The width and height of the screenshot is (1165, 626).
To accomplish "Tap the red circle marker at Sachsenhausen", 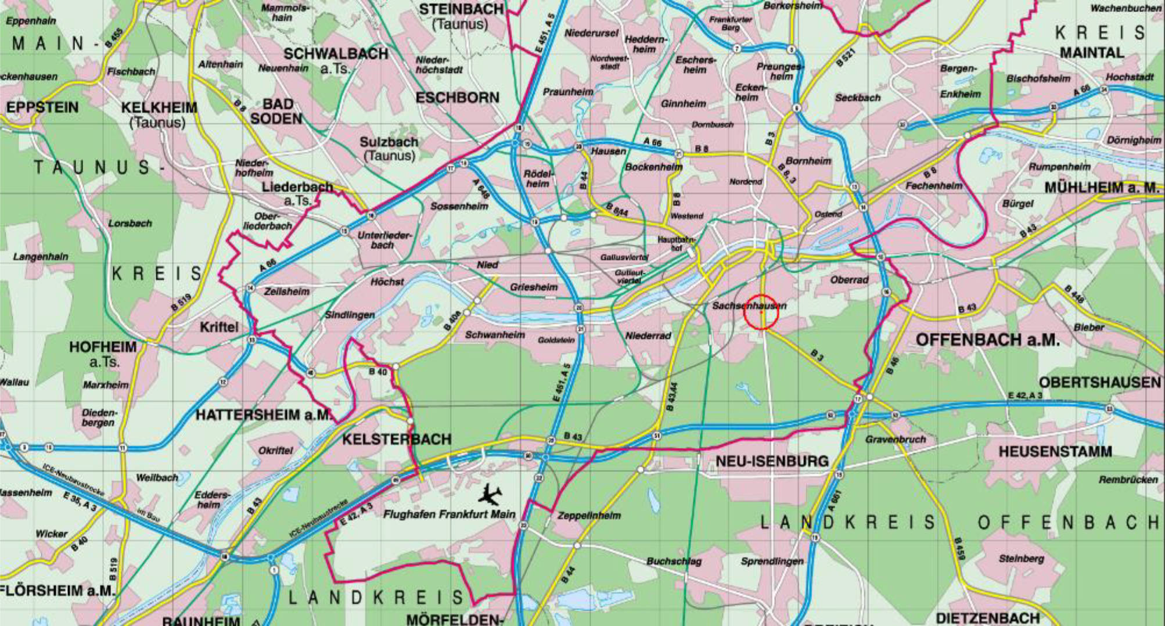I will (761, 312).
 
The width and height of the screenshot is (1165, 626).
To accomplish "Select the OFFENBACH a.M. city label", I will (987, 340).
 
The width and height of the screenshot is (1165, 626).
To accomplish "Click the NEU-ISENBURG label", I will (772, 462).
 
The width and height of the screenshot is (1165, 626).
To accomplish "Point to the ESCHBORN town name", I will (457, 98).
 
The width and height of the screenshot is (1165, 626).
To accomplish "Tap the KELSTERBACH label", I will (396, 439).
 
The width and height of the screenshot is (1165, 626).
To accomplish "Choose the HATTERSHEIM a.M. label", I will (264, 415).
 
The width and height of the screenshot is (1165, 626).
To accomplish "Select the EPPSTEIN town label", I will (42, 108).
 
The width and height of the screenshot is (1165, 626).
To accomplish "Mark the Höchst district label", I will (387, 282).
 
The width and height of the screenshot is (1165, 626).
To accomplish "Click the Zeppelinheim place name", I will (589, 516).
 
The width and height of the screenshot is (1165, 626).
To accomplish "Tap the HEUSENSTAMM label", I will (1055, 451).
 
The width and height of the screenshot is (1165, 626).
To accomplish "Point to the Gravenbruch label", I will (896, 440).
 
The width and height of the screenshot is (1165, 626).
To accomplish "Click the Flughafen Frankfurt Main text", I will (449, 515).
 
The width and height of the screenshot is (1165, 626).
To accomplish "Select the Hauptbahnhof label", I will (676, 243).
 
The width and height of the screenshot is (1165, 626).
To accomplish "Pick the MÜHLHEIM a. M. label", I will (1101, 188).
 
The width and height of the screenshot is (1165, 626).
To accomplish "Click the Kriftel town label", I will (218, 327).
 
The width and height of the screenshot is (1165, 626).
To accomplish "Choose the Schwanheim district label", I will (495, 335).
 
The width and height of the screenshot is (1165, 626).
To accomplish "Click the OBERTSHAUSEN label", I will (1099, 383).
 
